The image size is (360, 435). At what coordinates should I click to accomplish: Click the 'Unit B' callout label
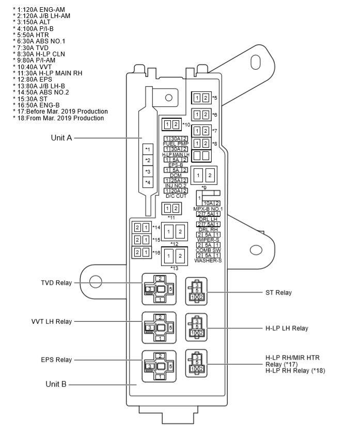pyautogui.click(x=56, y=384)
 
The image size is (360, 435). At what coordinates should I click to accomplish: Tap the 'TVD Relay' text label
pyautogui.click(x=56, y=283)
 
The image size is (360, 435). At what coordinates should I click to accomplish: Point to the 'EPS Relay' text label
pyautogui.click(x=56, y=360)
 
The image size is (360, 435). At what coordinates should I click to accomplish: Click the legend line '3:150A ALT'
pyautogui.click(x=34, y=22)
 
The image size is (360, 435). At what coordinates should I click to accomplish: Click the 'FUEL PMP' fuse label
pyautogui.click(x=176, y=144)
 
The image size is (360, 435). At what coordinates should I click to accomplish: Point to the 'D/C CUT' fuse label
pyautogui.click(x=176, y=196)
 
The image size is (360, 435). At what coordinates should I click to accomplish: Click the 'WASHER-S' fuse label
pyautogui.click(x=208, y=261)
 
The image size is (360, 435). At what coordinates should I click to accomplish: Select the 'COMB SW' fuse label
pyautogui.click(x=208, y=250)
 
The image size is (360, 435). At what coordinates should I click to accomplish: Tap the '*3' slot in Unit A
pyautogui.click(x=148, y=172)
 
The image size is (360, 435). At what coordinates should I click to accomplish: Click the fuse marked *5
pyautogui.click(x=201, y=98)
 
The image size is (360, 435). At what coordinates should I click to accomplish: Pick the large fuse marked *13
pyautogui.click(x=175, y=255)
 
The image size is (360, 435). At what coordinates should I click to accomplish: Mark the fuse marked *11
pyautogui.click(x=172, y=208)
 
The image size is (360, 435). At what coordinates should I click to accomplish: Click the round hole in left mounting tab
pyautogui.click(x=95, y=282)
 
